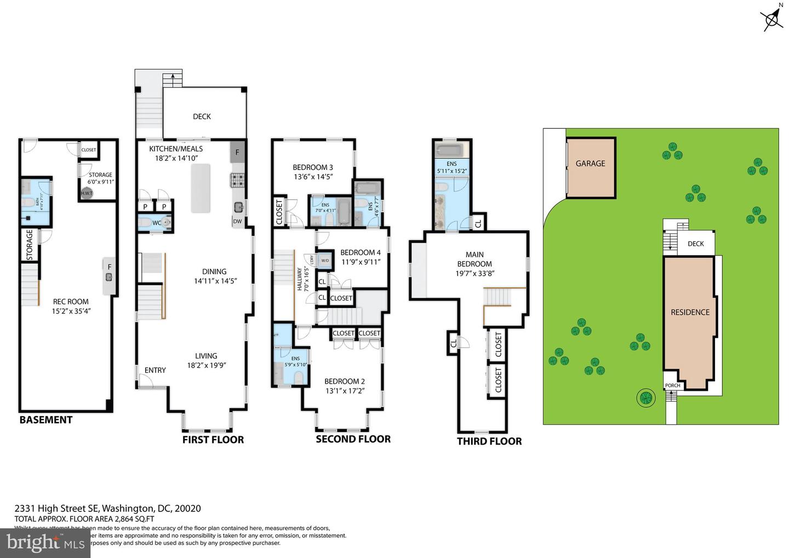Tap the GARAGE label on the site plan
[590, 163]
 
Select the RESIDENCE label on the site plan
[690, 312]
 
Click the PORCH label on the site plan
[672, 385]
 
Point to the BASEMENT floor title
[46, 420]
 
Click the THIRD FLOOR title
[489, 441]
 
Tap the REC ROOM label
[71, 301]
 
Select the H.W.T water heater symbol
[87, 193]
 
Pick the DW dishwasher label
[237, 221]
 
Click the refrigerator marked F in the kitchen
[237, 152]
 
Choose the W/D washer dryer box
[325, 260]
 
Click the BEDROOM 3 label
[313, 168]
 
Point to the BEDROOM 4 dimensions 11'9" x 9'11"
[360, 261]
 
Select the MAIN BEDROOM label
[474, 259]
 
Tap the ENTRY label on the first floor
[155, 371]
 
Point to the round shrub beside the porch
[645, 397]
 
